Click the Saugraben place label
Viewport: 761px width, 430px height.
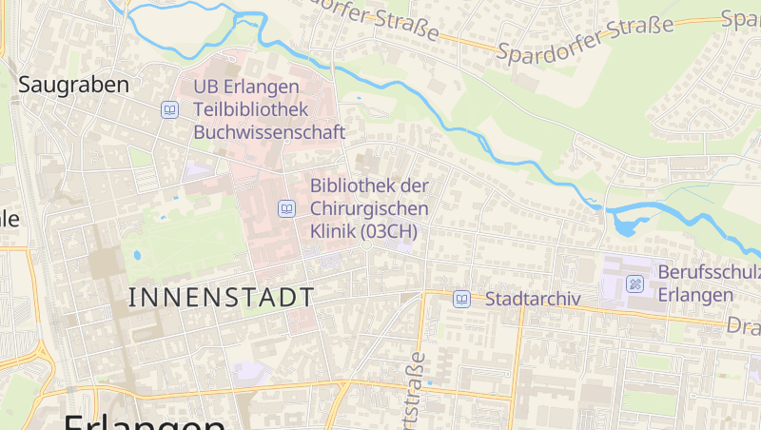coord(74,85)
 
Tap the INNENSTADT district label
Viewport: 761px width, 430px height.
coord(221,297)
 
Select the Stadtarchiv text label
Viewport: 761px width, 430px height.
coord(533,299)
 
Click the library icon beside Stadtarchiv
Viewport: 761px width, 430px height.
coord(461,299)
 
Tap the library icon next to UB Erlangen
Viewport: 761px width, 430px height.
coord(169,109)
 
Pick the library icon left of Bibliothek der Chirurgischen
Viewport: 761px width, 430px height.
coord(286,207)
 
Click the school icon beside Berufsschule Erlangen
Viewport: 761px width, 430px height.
coord(634,283)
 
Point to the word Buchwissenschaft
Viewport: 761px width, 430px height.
coord(269,132)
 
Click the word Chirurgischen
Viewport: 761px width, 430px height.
coord(369,208)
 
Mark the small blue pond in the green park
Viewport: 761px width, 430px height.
coord(137,255)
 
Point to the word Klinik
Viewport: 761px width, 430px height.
coord(333,231)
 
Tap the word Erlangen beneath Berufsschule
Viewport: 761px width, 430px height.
coord(695,295)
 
